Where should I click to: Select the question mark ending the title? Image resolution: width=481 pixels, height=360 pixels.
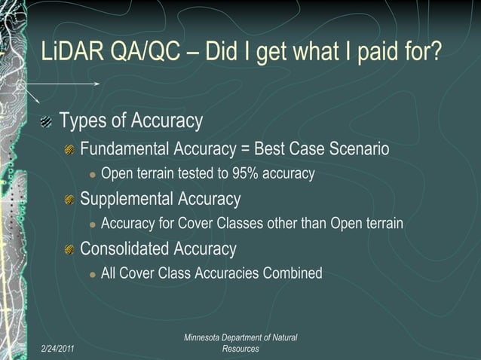click(436, 54)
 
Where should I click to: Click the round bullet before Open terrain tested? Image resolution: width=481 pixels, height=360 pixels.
click(92, 175)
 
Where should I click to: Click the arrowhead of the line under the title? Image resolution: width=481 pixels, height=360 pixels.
click(98, 84)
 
